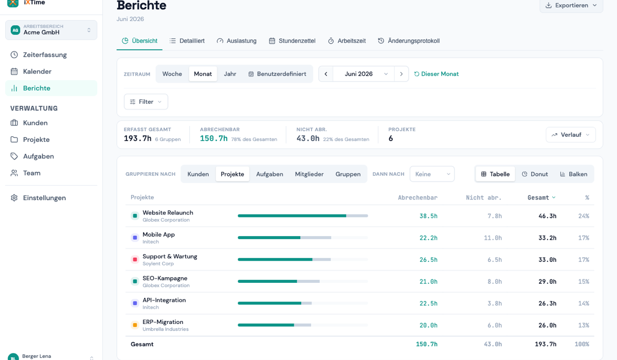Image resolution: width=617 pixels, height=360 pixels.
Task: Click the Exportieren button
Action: coord(571,6)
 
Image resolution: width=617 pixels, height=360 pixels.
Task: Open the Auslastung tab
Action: coord(237,41)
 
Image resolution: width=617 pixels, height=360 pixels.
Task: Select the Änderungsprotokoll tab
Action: coord(409,41)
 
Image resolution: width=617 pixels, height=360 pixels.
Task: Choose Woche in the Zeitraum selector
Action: coord(172,74)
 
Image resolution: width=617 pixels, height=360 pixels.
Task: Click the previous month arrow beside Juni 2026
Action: coord(326,74)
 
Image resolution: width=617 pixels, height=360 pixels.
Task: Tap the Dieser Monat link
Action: coord(437,74)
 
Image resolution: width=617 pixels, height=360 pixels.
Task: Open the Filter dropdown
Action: coord(146,102)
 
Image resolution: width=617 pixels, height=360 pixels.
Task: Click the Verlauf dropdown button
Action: coord(571,135)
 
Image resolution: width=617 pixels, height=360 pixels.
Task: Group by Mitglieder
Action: coord(309,174)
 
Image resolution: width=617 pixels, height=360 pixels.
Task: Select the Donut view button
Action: coord(535,174)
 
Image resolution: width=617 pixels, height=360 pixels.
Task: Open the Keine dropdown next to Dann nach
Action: coord(432,174)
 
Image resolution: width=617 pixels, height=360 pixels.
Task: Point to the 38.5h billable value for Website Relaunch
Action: coord(428,216)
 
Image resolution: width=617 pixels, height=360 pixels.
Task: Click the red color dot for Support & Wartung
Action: coord(135,260)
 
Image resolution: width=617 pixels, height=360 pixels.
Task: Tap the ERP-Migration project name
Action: coord(163,322)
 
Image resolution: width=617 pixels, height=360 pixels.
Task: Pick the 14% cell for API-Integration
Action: coord(584,303)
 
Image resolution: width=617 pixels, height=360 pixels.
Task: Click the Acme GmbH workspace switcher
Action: coord(51,30)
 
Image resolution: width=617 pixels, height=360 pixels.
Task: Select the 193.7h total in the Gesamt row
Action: coord(546,344)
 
